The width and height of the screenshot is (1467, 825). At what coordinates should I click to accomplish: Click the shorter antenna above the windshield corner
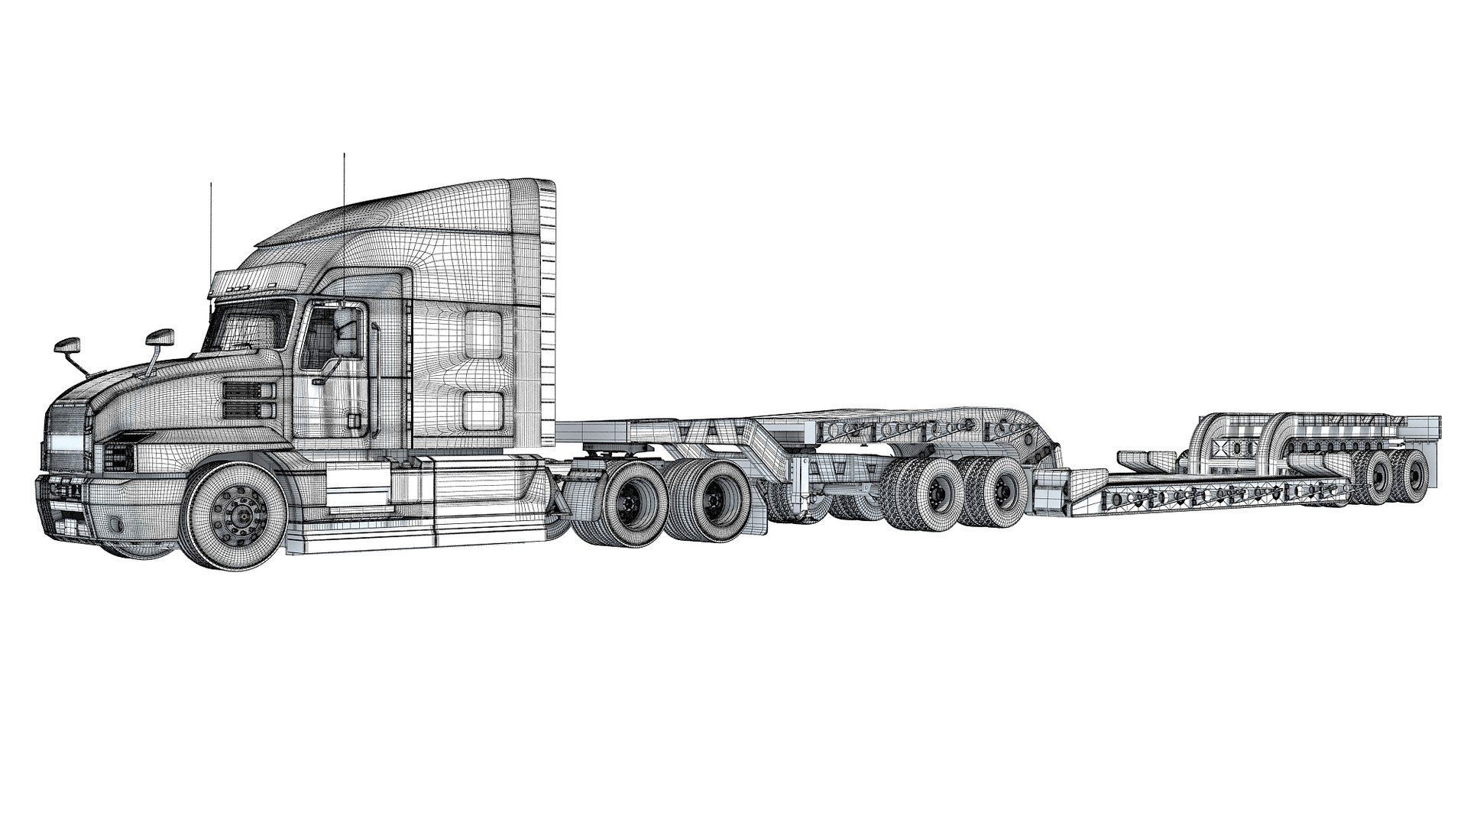[x=209, y=229]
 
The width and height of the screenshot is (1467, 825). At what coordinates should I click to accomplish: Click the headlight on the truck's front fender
[x=119, y=457]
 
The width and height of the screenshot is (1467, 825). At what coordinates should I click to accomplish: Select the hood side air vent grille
[x=248, y=401]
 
